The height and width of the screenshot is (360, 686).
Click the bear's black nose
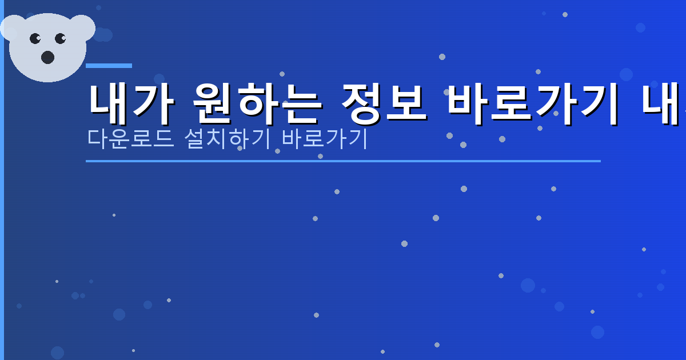tap(47, 57)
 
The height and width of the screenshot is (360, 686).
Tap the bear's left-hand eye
tap(35, 39)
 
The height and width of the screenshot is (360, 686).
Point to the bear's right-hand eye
tap(61, 39)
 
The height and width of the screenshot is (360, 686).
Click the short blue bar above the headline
tap(109, 66)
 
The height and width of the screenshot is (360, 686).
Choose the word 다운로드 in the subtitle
tap(131, 139)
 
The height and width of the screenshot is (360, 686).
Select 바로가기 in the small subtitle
tap(324, 139)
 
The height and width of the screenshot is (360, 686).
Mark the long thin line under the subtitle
tap(343, 161)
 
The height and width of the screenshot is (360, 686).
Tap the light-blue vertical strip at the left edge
tap(2, 180)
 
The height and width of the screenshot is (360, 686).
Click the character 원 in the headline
tap(213, 105)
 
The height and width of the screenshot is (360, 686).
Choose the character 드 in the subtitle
tap(164, 139)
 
